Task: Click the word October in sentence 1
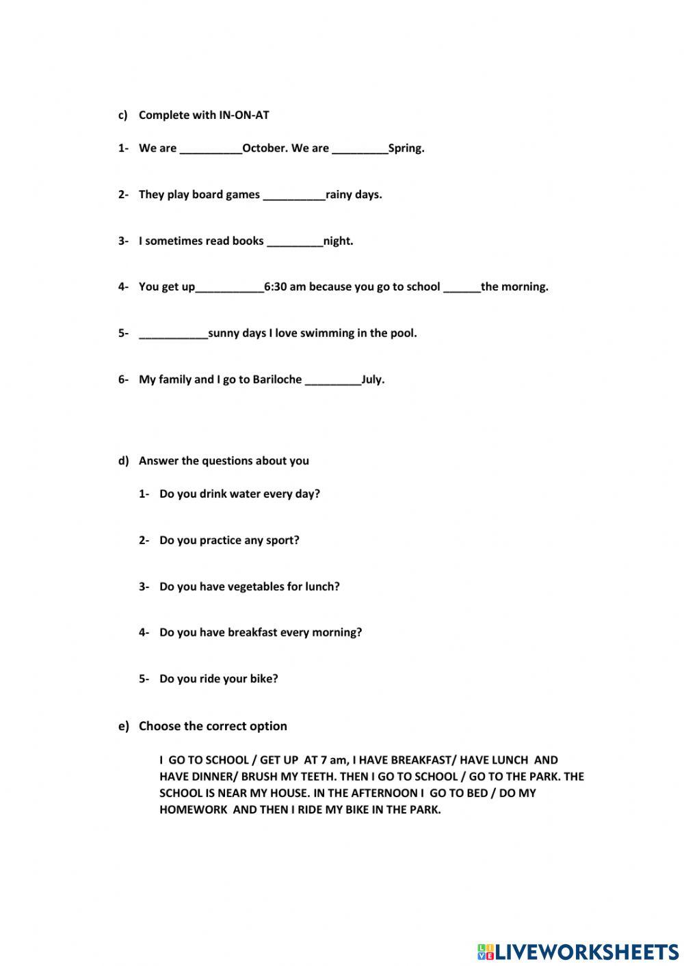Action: [265, 148]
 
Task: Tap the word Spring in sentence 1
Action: [406, 148]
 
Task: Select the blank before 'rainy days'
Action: [294, 195]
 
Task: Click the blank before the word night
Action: [295, 241]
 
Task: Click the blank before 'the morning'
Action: [462, 287]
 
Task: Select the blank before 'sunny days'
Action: [173, 334]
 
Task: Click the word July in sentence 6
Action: [373, 379]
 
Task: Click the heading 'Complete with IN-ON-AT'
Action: [204, 115]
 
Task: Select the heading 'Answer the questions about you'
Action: [224, 461]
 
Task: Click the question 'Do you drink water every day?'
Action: [239, 494]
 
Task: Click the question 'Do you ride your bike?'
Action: [218, 679]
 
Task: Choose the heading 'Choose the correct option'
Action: [213, 726]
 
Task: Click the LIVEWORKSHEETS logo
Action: [578, 951]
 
